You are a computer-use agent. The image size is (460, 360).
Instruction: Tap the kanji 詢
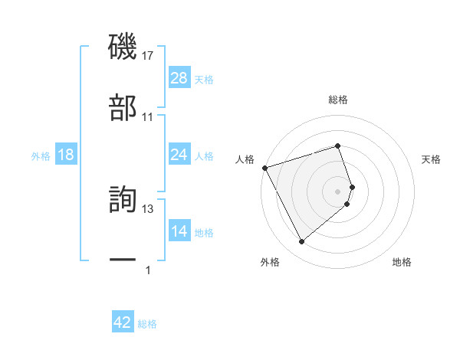tap(123, 198)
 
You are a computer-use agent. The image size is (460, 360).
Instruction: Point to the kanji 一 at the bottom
tap(123, 260)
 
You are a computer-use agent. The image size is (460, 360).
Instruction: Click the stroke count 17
tap(148, 56)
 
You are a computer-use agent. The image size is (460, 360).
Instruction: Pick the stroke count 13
tap(148, 208)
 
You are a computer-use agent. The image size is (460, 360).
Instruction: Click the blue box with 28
tap(179, 78)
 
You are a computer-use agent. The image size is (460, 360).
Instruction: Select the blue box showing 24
tap(179, 155)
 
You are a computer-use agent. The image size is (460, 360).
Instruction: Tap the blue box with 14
tap(179, 231)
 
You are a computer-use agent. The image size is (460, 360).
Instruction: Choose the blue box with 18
tap(66, 155)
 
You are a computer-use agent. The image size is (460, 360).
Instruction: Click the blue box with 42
tap(123, 322)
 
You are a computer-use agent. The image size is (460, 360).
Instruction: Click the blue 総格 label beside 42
tap(147, 324)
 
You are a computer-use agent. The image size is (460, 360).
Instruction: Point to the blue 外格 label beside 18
tap(41, 156)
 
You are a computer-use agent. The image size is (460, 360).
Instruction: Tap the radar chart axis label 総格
tap(337, 100)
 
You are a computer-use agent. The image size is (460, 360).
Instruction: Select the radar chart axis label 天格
tap(431, 159)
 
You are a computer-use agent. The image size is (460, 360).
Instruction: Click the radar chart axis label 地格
tap(402, 262)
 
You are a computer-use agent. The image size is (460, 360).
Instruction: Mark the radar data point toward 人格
tap(264, 167)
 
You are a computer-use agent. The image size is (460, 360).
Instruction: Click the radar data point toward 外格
tap(301, 241)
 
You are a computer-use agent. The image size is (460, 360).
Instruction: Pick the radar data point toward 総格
tap(337, 146)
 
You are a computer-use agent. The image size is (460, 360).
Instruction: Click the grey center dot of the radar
tap(337, 190)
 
